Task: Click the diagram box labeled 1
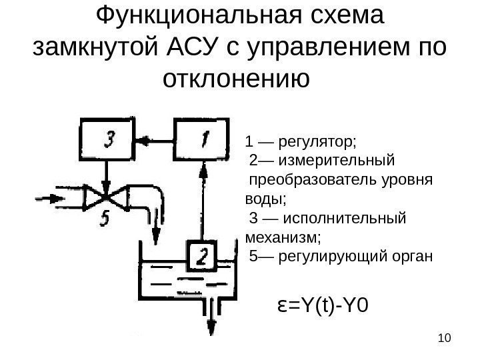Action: [200, 140]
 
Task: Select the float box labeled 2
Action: [201, 255]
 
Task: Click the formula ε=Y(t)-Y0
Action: [322, 306]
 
